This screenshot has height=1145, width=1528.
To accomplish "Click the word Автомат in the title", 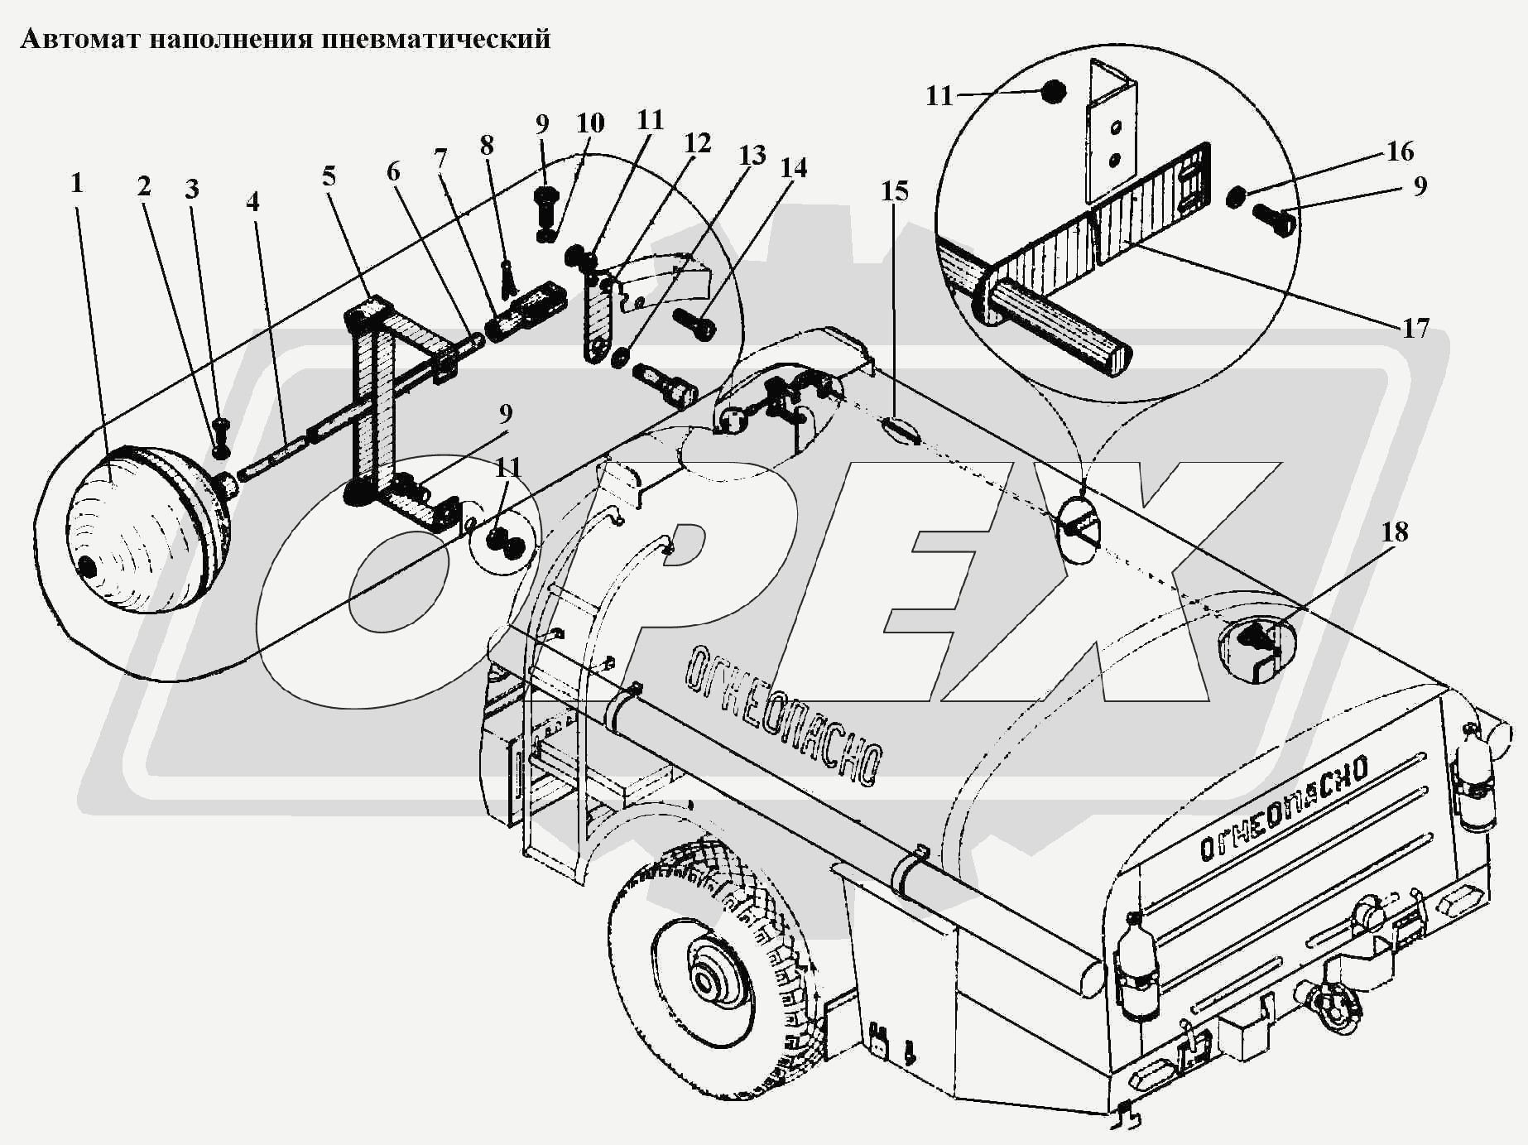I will click(x=80, y=39).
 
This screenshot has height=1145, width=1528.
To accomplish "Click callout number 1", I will click(x=77, y=183).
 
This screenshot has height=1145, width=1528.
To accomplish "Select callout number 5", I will click(x=329, y=176).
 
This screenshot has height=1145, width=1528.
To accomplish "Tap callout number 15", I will click(x=895, y=191).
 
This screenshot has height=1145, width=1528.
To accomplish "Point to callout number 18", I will click(x=1395, y=532).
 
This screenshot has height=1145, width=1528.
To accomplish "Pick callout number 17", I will click(x=1415, y=329).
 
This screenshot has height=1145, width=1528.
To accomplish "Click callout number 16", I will click(x=1400, y=152).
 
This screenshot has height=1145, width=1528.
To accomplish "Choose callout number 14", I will click(x=793, y=168).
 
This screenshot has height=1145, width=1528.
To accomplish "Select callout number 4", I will click(x=252, y=201).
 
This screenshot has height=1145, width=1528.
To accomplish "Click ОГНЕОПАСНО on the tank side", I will click(x=782, y=713).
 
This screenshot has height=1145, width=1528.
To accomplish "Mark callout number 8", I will click(x=487, y=146).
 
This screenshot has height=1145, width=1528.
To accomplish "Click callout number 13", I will click(x=752, y=155).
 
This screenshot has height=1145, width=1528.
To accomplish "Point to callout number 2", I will click(x=144, y=186).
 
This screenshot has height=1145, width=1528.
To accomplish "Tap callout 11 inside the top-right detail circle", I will click(x=939, y=96).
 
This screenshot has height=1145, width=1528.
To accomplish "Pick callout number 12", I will click(x=698, y=143).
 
